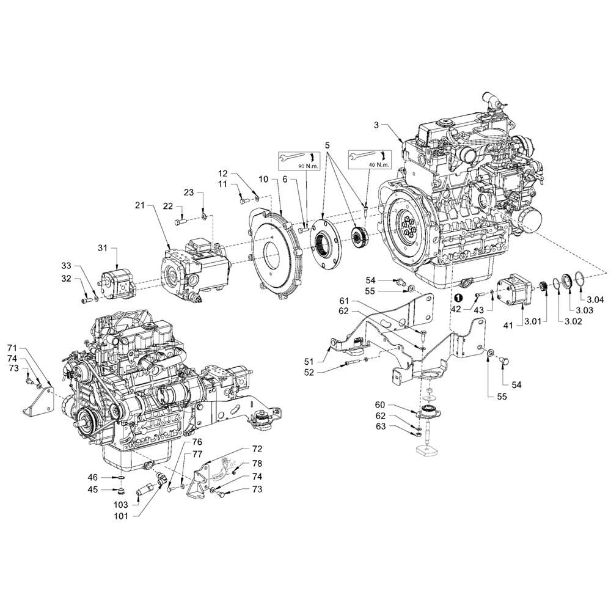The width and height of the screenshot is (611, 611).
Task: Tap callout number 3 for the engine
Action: pyautogui.click(x=377, y=125)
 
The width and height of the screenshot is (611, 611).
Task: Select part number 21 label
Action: pyautogui.click(x=139, y=207)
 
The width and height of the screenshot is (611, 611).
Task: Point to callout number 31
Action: pyautogui.click(x=102, y=247)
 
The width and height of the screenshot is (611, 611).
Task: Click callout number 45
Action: pyautogui.click(x=92, y=489)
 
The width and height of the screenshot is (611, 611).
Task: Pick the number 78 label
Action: pyautogui.click(x=257, y=463)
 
